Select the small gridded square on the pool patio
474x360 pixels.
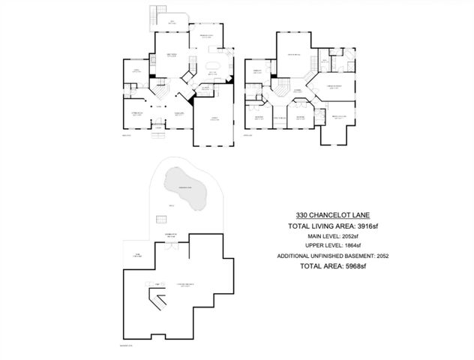(160, 218)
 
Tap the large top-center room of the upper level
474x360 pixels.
(292, 54)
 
